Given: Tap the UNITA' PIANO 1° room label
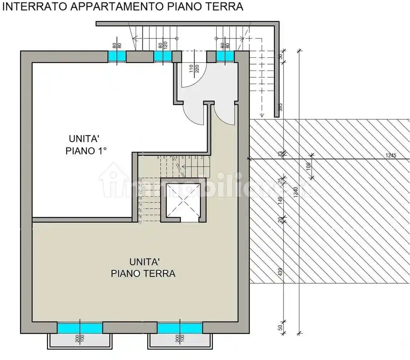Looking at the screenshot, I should coord(86,144).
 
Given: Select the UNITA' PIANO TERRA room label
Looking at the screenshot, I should coord(143,268).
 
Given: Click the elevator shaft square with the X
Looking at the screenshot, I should coord(183,200).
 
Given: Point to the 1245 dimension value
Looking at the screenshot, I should coord(391,155).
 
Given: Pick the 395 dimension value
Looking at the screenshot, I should coord(280,107).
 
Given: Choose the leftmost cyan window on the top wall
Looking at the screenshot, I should coord(117,56).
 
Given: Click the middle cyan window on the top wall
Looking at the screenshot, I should coord(162,56).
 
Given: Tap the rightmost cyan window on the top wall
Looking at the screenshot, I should coord(225,56).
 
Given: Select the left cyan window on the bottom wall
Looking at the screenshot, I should coord(80,328).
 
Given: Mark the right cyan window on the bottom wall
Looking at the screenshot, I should coord(180,328).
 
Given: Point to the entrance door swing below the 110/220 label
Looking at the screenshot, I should coord(192,80).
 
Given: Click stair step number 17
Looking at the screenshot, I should coord(140,223).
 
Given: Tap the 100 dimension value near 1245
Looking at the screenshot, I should coord(308,165).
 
